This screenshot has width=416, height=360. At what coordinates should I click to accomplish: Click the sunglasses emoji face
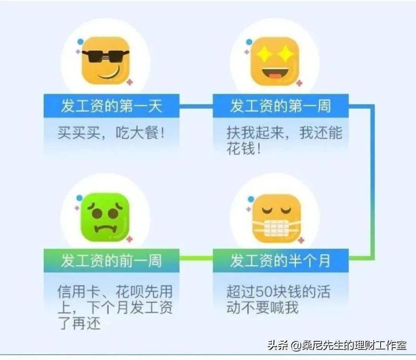click(x=105, y=61)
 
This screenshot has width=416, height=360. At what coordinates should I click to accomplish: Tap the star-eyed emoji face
click(x=275, y=61)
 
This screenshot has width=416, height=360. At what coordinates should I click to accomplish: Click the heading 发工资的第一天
click(x=111, y=106)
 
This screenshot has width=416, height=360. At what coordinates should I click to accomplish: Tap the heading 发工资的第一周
click(x=280, y=106)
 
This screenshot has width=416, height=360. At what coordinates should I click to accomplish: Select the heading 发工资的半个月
click(x=280, y=261)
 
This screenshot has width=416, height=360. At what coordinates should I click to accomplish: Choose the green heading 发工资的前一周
click(x=111, y=261)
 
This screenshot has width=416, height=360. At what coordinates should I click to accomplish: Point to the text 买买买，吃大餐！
click(x=111, y=133)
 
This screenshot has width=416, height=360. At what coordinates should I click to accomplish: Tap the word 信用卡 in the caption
click(x=79, y=291)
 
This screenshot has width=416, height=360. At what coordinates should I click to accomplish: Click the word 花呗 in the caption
click(x=129, y=291)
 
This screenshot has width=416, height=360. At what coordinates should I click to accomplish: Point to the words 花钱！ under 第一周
click(x=244, y=148)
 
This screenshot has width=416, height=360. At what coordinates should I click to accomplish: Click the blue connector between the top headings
click(x=196, y=106)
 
